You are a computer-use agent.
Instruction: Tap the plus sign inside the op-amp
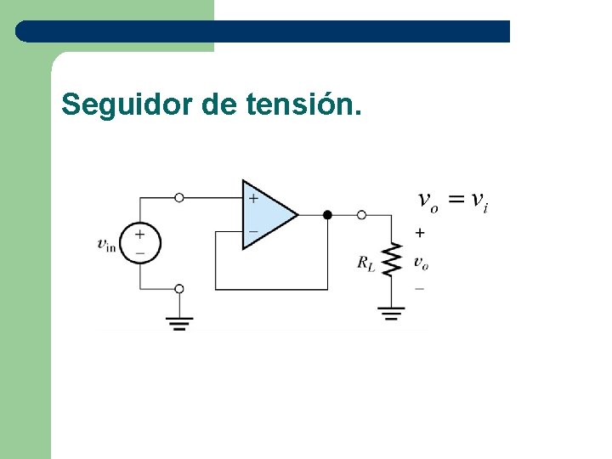tap(252, 199)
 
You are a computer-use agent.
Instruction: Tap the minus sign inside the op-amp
tap(252, 230)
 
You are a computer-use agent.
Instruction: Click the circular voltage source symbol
tap(139, 242)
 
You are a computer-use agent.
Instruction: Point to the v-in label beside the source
tap(106, 246)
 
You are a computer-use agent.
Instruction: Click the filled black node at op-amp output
tap(327, 215)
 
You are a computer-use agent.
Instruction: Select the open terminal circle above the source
tap(178, 197)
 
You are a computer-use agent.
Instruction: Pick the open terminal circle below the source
tap(178, 289)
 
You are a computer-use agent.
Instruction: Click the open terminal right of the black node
tap(361, 215)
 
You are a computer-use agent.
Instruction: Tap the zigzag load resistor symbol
tap(391, 261)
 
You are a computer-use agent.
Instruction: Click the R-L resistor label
tap(366, 263)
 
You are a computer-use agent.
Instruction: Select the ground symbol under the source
tap(178, 323)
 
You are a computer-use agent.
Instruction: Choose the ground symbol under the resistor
tap(391, 314)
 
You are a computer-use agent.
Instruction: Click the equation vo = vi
tap(453, 201)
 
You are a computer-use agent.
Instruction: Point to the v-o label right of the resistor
tap(421, 263)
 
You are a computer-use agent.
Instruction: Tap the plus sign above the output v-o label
tap(420, 233)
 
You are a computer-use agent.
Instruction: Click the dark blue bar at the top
tap(263, 31)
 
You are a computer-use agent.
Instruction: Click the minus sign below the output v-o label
tap(419, 289)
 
